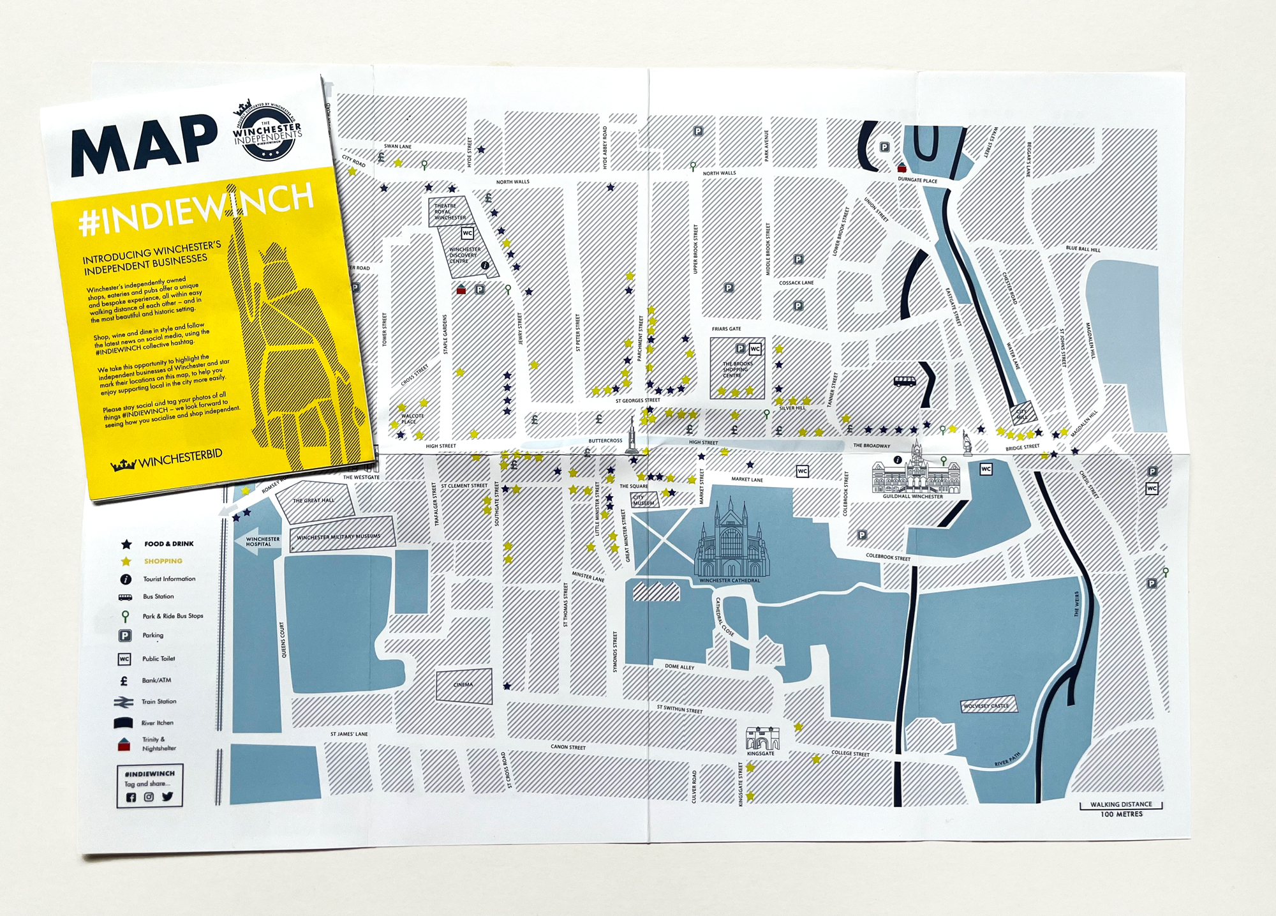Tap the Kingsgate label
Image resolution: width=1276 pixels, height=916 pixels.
pyautogui.click(x=760, y=753)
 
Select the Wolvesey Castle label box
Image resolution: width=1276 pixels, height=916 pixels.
pyautogui.click(x=988, y=705)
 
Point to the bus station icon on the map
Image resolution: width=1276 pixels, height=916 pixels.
pyautogui.click(x=905, y=381)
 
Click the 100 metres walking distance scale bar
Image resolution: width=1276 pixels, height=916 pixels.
pyautogui.click(x=1121, y=806)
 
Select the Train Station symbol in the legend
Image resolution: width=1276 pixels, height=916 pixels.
pyautogui.click(x=124, y=702)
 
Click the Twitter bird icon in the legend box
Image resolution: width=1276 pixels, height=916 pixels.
pyautogui.click(x=167, y=797)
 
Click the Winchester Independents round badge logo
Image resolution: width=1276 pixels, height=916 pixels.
pyautogui.click(x=267, y=130)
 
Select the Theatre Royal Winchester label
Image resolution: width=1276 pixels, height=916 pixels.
pyautogui.click(x=450, y=211)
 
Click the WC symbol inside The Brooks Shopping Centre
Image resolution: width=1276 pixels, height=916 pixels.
pyautogui.click(x=755, y=349)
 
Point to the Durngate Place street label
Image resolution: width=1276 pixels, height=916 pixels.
pyautogui.click(x=917, y=180)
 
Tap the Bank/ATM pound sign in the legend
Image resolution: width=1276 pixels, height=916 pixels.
pyautogui.click(x=124, y=680)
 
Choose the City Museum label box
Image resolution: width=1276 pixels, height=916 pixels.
pyautogui.click(x=644, y=500)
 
